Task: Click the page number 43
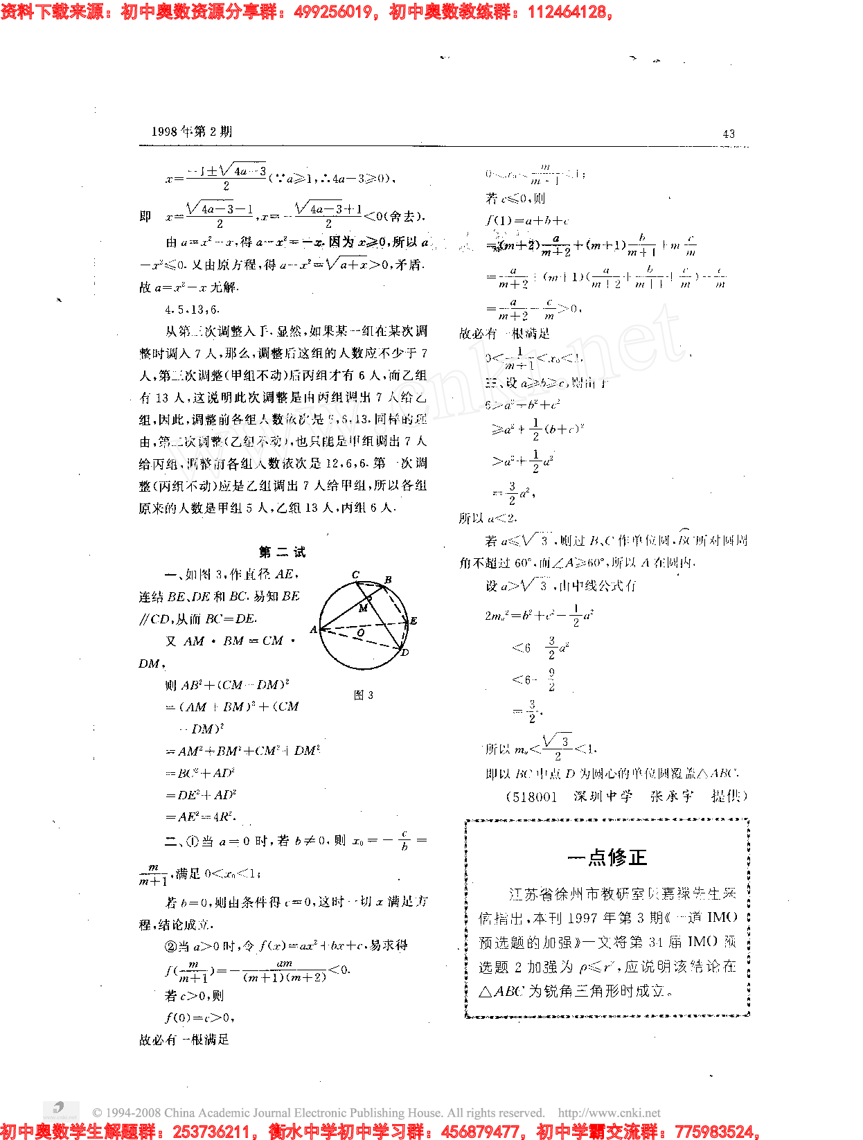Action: tap(728, 134)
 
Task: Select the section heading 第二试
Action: tap(282, 552)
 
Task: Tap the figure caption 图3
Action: tap(364, 695)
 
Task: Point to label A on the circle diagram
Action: tap(314, 630)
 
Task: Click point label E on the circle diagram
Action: tap(413, 621)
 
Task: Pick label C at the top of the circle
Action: tap(355, 574)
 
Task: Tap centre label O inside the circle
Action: tap(361, 632)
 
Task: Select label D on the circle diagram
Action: tap(405, 652)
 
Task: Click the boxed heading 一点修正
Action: tap(607, 857)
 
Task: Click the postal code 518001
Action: tap(533, 796)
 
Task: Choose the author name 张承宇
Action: tap(671, 796)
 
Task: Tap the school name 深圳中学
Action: tap(603, 796)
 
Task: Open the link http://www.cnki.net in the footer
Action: tap(609, 1113)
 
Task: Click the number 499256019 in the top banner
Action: tap(333, 12)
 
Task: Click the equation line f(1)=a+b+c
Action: tap(527, 221)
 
